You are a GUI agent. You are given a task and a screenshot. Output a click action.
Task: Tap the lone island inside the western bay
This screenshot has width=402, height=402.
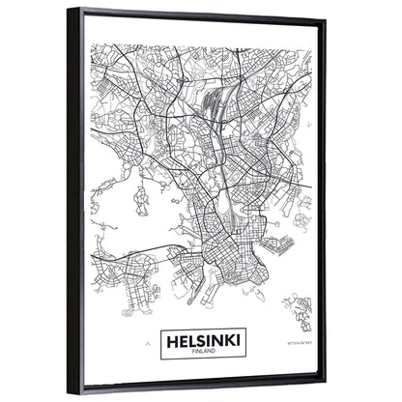pos(140,202)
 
